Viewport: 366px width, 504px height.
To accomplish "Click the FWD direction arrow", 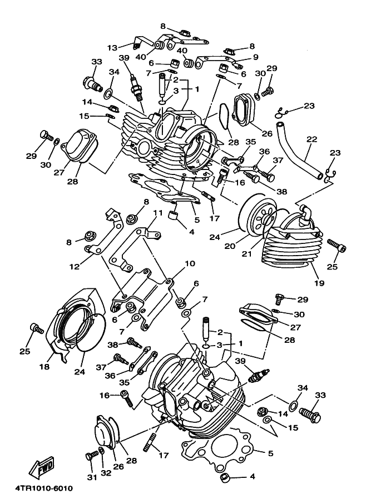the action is (42, 467).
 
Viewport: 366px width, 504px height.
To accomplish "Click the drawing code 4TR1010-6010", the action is (44, 488).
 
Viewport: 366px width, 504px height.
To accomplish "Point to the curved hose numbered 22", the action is (299, 149).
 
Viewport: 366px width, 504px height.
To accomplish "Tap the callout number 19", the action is (320, 283).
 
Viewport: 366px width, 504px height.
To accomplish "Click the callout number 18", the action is (44, 366).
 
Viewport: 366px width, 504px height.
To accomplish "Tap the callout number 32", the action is (106, 473).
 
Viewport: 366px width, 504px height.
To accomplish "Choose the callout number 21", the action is (246, 254).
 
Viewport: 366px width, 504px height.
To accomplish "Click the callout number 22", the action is (312, 139).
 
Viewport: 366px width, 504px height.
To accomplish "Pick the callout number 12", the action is (75, 267).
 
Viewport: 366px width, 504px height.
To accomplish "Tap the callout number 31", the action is (92, 478).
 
